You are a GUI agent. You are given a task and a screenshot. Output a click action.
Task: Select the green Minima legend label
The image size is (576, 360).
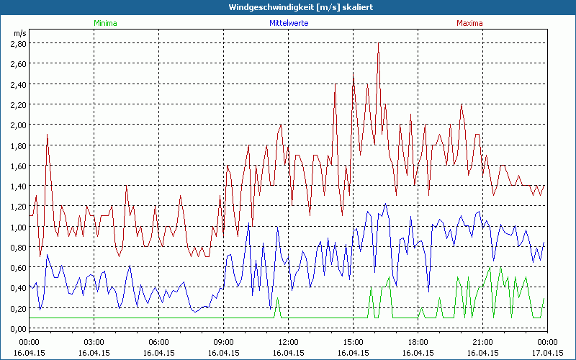click(x=104, y=23)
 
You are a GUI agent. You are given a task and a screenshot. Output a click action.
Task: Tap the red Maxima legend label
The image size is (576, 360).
click(x=470, y=23)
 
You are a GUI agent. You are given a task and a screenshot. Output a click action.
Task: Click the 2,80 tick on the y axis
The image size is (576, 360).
click(x=18, y=43)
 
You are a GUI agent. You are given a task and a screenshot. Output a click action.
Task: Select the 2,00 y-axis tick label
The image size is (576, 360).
click(x=18, y=125)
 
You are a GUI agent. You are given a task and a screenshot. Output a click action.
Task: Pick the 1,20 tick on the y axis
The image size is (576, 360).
click(x=18, y=207)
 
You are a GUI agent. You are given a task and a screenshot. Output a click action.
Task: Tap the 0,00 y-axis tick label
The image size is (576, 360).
click(x=18, y=329)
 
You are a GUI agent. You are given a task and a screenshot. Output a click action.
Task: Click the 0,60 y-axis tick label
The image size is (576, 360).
click(x=18, y=268)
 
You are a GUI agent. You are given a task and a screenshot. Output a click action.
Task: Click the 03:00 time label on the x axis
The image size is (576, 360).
click(x=94, y=342)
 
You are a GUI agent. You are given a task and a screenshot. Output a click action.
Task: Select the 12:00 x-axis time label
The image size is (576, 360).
click(x=288, y=342)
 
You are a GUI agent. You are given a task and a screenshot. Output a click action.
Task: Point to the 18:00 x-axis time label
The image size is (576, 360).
click(x=418, y=342)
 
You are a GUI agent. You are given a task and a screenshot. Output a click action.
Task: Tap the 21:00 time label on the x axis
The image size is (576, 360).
click(x=482, y=342)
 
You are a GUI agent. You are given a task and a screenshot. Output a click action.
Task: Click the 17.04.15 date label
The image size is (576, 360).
click(x=546, y=353)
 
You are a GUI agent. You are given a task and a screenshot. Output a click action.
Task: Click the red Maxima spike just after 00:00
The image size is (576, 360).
click(x=47, y=135)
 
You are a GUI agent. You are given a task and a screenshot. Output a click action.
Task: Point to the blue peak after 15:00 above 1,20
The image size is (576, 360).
click(x=385, y=204)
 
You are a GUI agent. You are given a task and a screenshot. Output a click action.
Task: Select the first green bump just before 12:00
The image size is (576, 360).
click(x=278, y=299)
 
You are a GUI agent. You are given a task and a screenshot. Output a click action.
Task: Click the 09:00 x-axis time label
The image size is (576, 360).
click(x=223, y=342)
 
